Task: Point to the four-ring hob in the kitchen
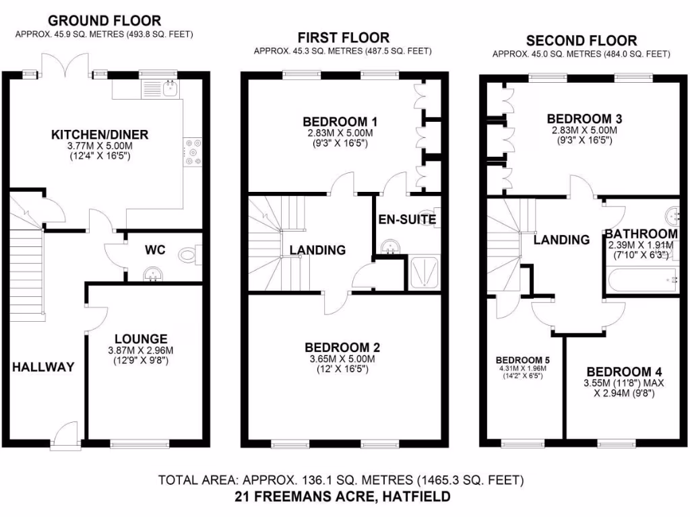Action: (193, 151)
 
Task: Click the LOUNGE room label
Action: (140, 339)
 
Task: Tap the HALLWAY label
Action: (42, 367)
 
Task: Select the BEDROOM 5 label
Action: (523, 359)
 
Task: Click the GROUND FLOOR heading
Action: (104, 21)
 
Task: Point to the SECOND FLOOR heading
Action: (582, 40)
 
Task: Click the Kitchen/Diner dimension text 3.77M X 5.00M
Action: (100, 146)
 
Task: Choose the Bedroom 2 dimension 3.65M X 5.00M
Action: (342, 359)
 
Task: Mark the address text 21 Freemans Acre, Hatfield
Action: (342, 497)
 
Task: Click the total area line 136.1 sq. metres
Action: (341, 481)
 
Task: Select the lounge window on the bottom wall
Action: (139, 444)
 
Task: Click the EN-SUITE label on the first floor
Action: (407, 219)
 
